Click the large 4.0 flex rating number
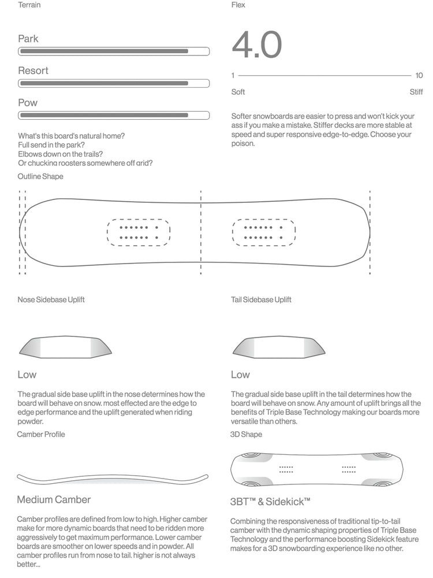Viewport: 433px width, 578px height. pyautogui.click(x=256, y=45)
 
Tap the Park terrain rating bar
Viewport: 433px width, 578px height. pyautogui.click(x=114, y=51)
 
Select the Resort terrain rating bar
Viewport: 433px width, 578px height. pyautogui.click(x=114, y=83)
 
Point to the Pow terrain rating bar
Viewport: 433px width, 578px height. pyautogui.click(x=114, y=115)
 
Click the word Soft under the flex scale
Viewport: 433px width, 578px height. pyautogui.click(x=238, y=92)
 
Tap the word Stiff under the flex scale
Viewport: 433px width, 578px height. pyautogui.click(x=416, y=92)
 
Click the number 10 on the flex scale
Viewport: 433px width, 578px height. pyautogui.click(x=419, y=76)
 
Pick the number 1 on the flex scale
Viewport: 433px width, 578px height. pyautogui.click(x=233, y=76)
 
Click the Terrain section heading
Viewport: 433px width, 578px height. pyautogui.click(x=29, y=5)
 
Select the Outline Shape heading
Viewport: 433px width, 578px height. pyautogui.click(x=40, y=176)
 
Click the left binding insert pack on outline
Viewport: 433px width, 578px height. pyautogui.click(x=139, y=232)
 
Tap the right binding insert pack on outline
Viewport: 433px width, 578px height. pyautogui.click(x=263, y=232)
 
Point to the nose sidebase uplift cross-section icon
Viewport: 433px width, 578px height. pyautogui.click(x=65, y=347)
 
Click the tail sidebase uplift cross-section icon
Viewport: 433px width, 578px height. pyautogui.click(x=278, y=347)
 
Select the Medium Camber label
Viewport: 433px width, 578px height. pyautogui.click(x=54, y=499)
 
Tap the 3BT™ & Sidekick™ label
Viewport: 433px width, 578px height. pyautogui.click(x=270, y=501)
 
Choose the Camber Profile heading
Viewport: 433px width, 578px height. pyautogui.click(x=41, y=434)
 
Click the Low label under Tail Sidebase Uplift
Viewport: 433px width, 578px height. pyautogui.click(x=240, y=375)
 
